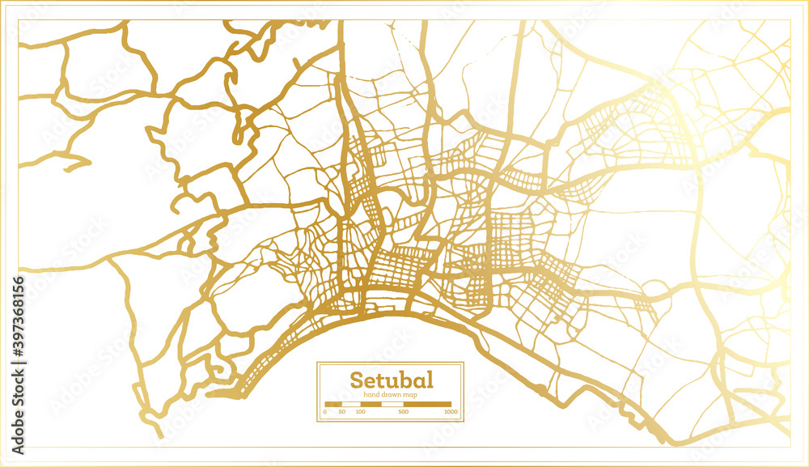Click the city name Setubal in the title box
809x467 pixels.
point(391,380)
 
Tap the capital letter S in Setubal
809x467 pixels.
point(356,380)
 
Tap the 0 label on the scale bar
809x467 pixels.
point(325,412)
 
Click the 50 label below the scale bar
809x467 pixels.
point(342,412)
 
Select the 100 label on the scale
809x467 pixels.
point(360,412)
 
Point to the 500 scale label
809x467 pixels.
point(404,412)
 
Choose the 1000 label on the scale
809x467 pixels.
point(451,412)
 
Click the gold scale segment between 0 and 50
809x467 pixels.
point(333,403)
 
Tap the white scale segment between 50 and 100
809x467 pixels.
point(350,403)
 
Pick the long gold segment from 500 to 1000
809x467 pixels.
point(427,403)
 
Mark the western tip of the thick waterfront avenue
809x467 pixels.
point(209,395)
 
